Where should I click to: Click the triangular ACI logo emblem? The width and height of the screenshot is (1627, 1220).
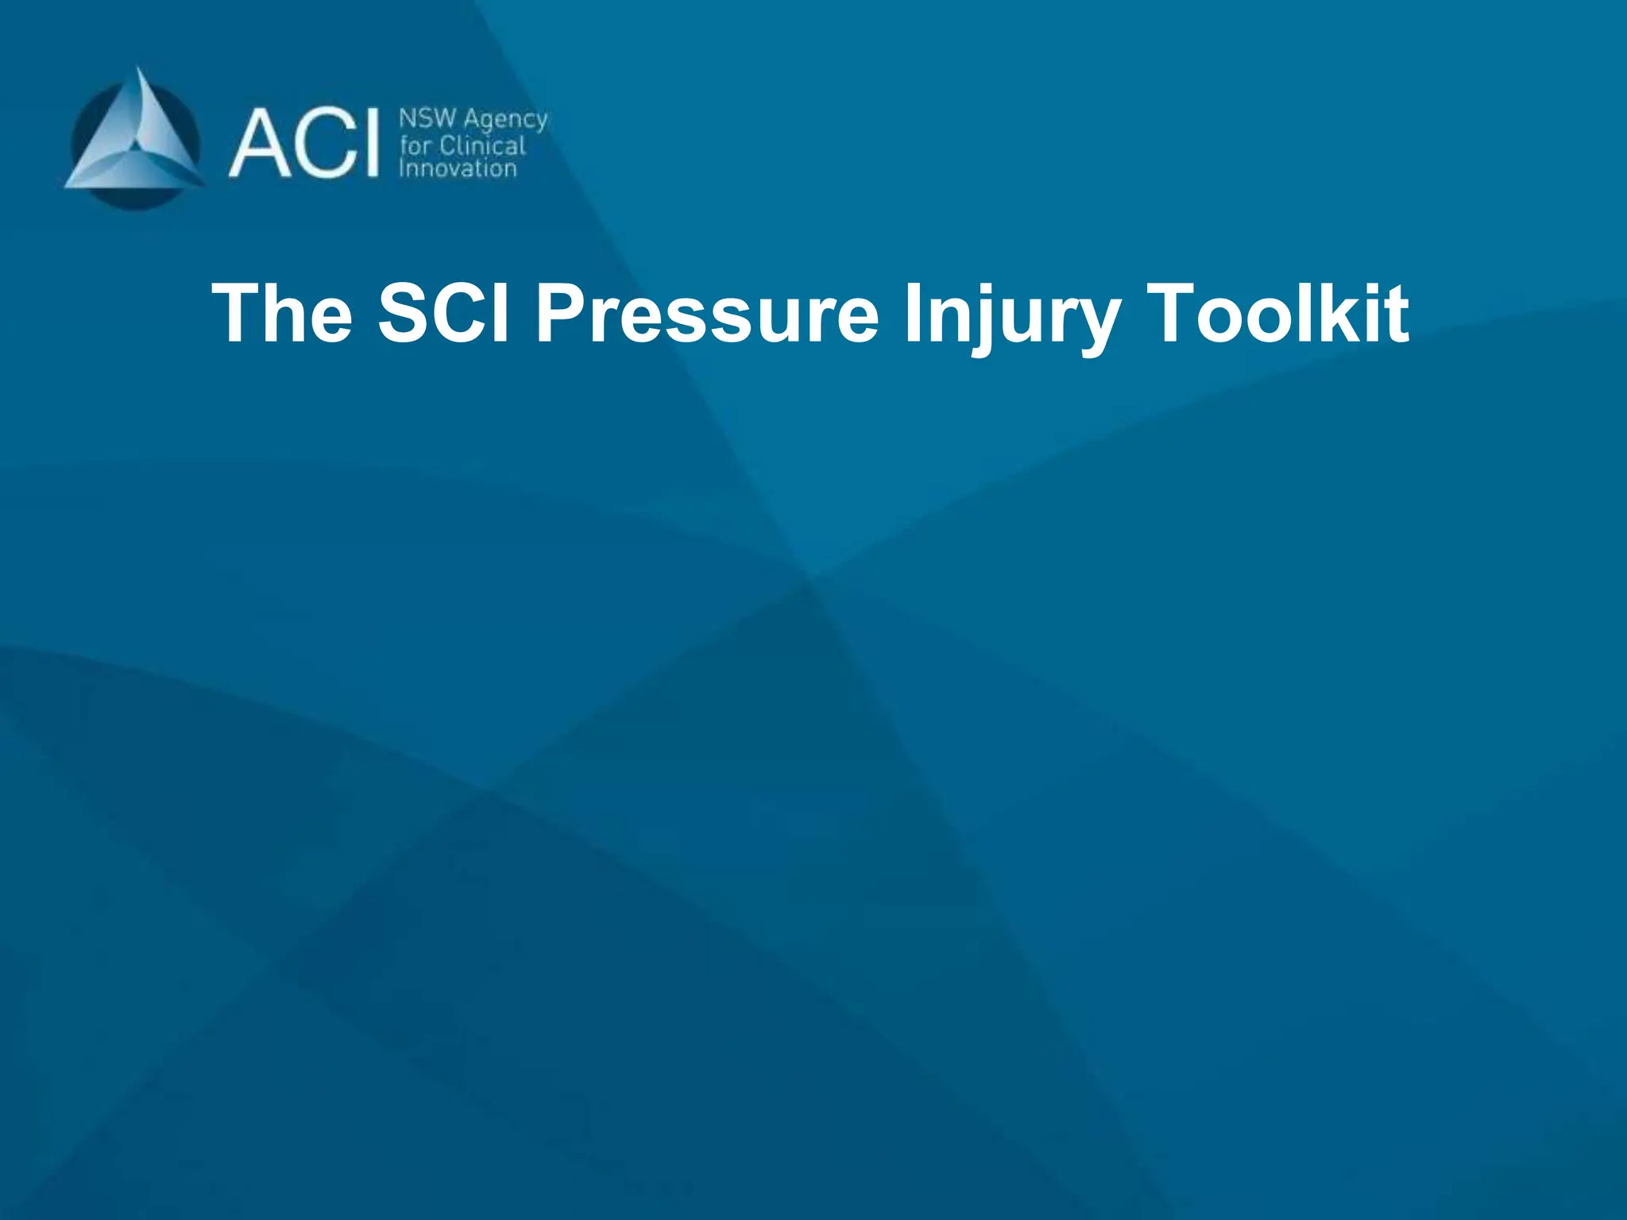tap(135, 140)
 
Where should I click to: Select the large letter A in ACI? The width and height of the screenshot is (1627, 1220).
tap(260, 144)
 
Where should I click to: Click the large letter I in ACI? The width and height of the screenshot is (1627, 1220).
tap(369, 144)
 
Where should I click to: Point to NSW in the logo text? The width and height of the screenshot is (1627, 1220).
tap(427, 119)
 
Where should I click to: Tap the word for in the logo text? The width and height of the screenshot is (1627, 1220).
tap(415, 145)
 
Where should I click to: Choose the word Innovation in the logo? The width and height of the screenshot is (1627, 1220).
tap(458, 168)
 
